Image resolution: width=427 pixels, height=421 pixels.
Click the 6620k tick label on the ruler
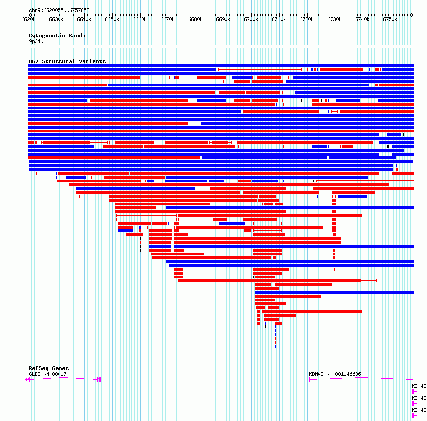[x=28, y=19]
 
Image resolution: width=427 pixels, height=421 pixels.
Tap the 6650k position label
[x=112, y=19]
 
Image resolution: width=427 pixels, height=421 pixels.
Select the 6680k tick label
[x=195, y=19]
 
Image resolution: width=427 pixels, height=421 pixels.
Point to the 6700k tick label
[x=251, y=19]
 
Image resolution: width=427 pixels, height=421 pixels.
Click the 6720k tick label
[x=307, y=19]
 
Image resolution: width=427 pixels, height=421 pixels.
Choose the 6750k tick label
[x=390, y=19]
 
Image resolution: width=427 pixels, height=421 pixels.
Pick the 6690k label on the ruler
[x=223, y=19]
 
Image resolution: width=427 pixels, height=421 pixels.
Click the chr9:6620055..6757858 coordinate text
[x=59, y=10]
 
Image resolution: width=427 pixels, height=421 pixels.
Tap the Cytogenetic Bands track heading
[x=57, y=36]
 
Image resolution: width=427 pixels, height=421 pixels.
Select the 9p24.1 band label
[x=37, y=41]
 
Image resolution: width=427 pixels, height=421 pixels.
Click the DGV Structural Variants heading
[x=67, y=61]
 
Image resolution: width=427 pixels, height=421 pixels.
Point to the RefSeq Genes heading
[x=48, y=368]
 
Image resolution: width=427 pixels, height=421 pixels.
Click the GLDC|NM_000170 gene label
[x=49, y=374]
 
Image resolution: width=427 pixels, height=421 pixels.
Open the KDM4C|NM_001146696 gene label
[x=335, y=374]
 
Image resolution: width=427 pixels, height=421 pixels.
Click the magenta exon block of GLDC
[x=99, y=380]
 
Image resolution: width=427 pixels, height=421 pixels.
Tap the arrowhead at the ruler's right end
[x=412, y=15]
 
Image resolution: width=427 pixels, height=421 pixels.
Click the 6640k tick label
[x=84, y=19]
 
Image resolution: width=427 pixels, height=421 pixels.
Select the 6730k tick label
[x=334, y=19]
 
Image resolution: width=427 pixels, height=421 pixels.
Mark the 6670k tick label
[x=167, y=19]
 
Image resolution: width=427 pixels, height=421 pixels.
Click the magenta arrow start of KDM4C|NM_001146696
[x=311, y=380]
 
